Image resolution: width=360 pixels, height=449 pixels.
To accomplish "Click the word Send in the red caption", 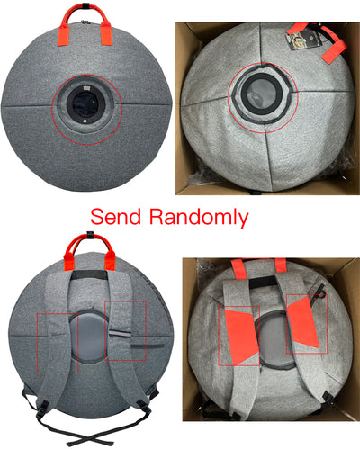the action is point(116,217).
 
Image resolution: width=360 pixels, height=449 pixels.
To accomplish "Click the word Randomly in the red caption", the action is point(199,218).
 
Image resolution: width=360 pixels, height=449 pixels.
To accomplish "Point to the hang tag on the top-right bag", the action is point(303,39).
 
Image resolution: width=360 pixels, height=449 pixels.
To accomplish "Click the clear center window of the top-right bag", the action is point(262,94).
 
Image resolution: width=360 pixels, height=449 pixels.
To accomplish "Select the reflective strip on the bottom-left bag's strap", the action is point(121,334).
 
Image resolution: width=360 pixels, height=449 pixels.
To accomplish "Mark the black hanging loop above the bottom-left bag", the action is point(90,235).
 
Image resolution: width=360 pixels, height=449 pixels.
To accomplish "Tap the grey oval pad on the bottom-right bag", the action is point(274,340).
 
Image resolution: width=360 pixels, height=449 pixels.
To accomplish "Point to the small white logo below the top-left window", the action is point(85,121).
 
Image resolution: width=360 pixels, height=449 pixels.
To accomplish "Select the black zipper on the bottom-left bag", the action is point(148,346).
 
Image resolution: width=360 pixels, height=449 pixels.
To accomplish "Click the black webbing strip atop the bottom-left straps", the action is point(89,274).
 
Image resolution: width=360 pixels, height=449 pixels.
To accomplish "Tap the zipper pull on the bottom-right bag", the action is point(320,291).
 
